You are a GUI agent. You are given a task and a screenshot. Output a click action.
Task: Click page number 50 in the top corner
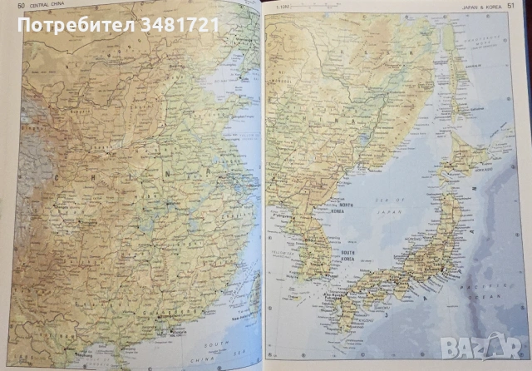tap(9, 7)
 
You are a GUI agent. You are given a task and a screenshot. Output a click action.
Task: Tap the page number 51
tap(521, 7)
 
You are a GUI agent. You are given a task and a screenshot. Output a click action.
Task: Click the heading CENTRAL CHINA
tap(39, 7)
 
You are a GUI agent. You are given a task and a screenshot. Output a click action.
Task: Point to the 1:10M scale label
tap(283, 8)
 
